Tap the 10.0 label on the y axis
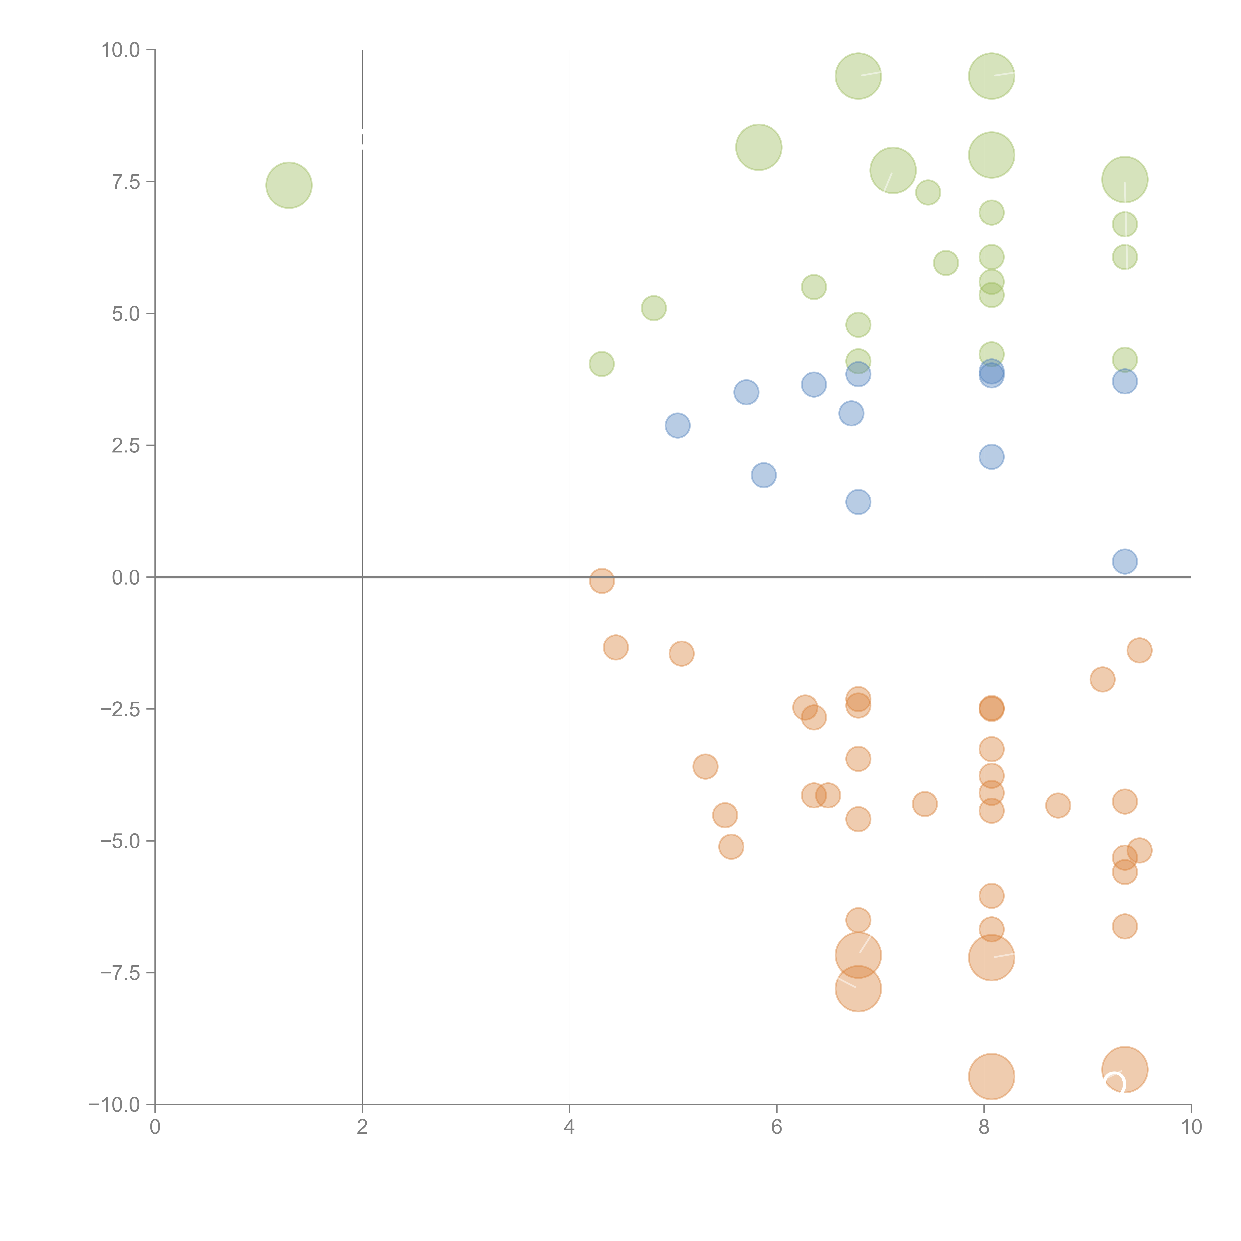point(121,50)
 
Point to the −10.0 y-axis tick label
point(114,1105)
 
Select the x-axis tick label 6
point(777,1127)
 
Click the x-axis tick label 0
point(155,1127)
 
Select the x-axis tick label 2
point(362,1127)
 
